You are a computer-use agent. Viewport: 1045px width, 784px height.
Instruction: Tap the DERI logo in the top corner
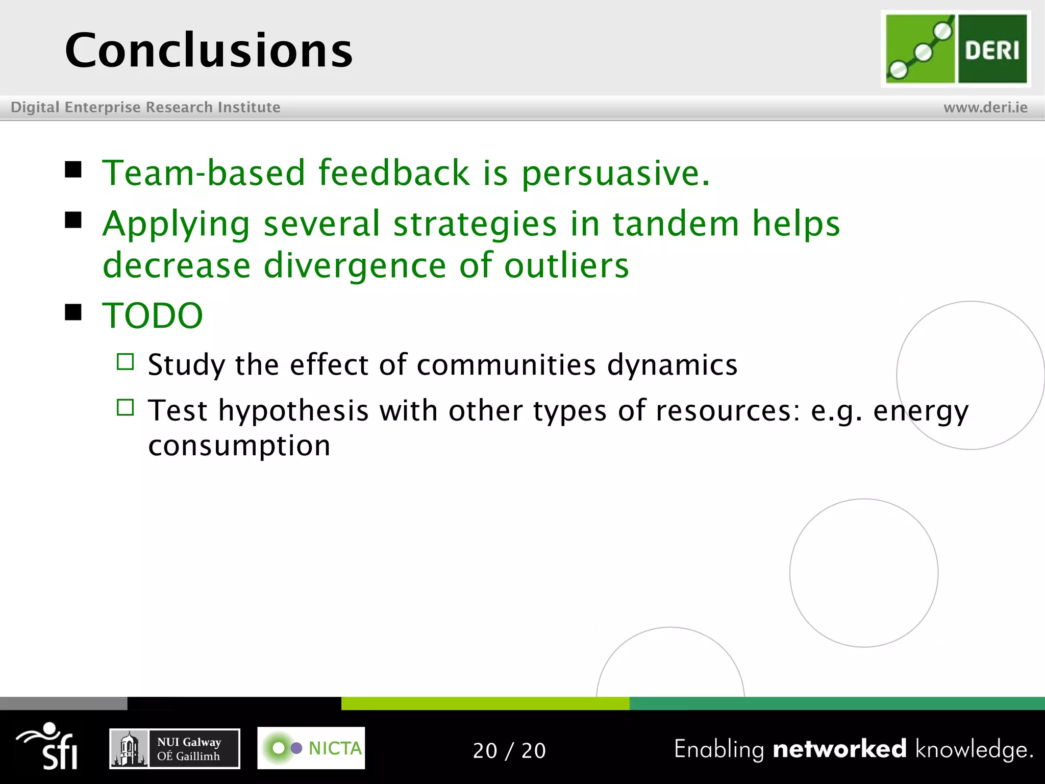(x=956, y=49)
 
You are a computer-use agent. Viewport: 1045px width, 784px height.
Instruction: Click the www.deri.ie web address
(x=985, y=107)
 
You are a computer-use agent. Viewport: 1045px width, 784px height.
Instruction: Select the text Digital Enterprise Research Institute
(x=145, y=107)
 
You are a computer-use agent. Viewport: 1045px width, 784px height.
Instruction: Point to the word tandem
(x=676, y=224)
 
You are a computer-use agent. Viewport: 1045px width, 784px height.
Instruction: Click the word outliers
(x=566, y=265)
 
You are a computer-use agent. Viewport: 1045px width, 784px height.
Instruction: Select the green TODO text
(x=153, y=315)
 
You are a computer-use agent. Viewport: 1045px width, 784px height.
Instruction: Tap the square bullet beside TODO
(x=73, y=312)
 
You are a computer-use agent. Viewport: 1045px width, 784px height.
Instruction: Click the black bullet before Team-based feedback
(x=73, y=169)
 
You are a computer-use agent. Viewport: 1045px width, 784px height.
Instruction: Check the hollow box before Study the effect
(x=125, y=362)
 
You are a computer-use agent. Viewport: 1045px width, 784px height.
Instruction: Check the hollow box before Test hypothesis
(x=125, y=407)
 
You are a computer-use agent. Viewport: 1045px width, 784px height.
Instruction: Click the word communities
(x=506, y=365)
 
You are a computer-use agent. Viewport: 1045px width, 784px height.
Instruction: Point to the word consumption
(x=239, y=446)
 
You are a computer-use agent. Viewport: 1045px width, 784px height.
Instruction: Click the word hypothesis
(x=293, y=411)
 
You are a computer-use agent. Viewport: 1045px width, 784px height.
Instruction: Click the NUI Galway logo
(x=175, y=748)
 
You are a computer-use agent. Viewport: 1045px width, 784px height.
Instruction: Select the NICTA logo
(x=311, y=748)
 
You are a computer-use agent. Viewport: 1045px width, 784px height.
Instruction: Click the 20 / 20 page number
(x=509, y=750)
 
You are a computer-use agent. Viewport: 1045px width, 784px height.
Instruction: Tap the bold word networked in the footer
(x=839, y=749)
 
